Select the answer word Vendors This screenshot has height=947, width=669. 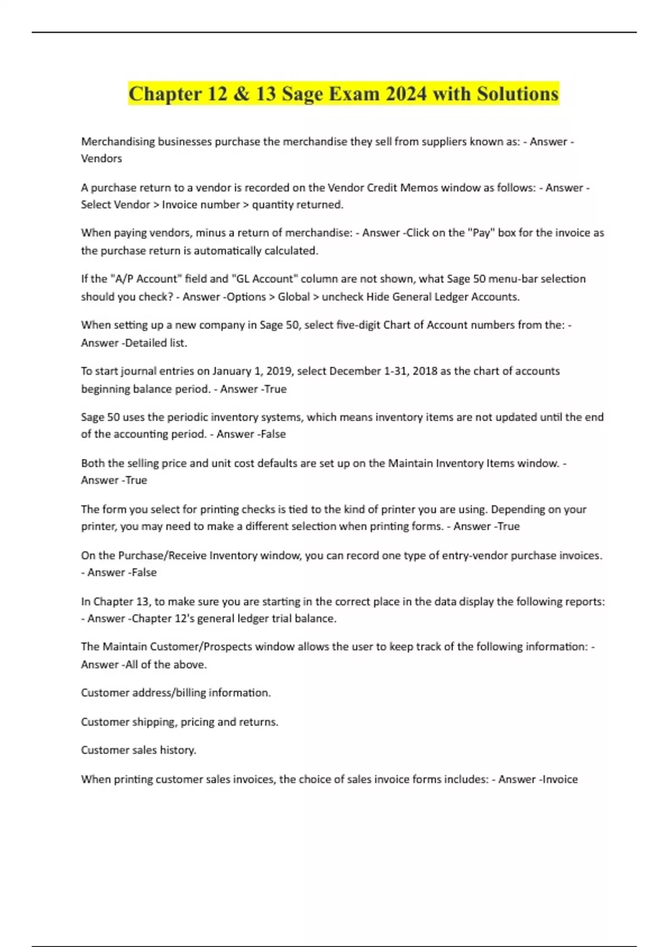coord(101,159)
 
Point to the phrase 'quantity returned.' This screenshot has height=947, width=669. coord(298,204)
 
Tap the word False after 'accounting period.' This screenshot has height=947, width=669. coord(273,434)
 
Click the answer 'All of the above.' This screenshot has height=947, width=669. coord(166,665)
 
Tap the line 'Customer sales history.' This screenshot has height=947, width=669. coord(138,750)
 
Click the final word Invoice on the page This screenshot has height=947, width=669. coord(560,779)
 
